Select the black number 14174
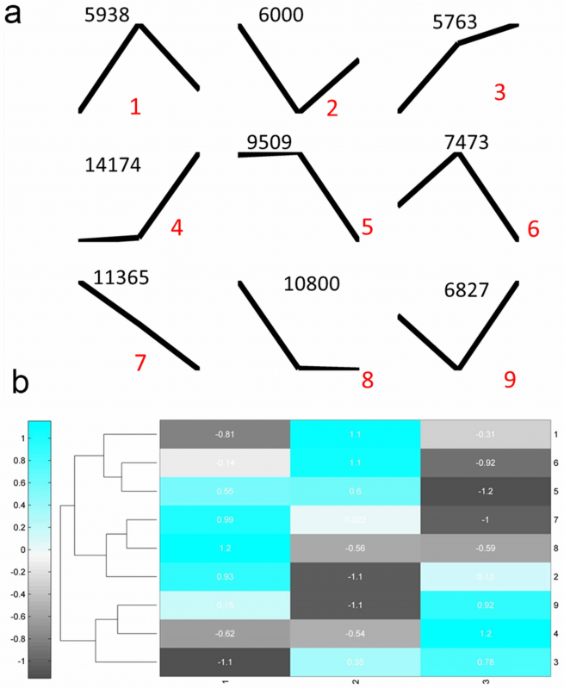(x=114, y=166)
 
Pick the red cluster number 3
(x=500, y=92)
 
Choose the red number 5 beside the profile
(x=368, y=227)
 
